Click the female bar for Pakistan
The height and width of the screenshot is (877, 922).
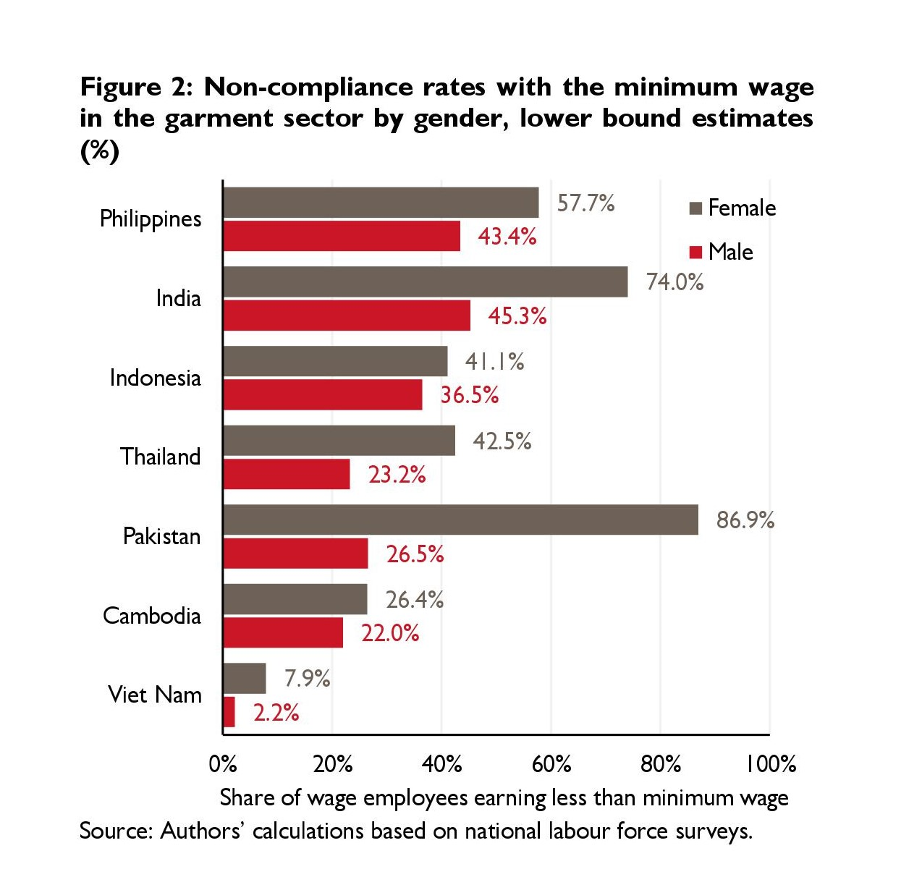pos(460,520)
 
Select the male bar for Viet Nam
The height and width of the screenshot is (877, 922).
pos(229,712)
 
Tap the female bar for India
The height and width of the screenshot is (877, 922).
pos(425,281)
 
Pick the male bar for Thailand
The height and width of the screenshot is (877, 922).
pos(287,474)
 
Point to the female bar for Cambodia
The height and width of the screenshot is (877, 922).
pos(295,599)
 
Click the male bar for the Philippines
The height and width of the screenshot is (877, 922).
pos(342,236)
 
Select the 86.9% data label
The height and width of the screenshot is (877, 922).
pos(745,520)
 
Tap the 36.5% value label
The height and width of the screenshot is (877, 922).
pos(470,394)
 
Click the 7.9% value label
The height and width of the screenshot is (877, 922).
pos(307,678)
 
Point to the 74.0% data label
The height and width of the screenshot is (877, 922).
pos(674,281)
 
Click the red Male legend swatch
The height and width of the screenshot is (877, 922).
pos(696,252)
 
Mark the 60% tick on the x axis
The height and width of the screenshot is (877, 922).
pos(551,763)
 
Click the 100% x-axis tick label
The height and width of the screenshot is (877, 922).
pos(771,763)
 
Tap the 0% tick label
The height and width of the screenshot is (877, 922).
pos(223,763)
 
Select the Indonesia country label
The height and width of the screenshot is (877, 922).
pos(155,377)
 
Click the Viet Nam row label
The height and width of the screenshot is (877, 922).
pos(155,695)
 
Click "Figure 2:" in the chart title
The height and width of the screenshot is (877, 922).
pos(136,87)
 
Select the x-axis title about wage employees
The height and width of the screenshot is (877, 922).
pos(504,797)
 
